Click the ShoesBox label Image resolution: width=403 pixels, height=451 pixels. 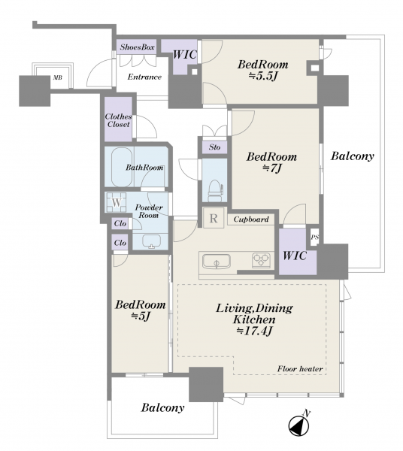[137, 47]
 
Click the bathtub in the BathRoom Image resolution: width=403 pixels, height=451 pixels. [122, 167]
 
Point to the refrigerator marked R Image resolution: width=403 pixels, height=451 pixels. [214, 218]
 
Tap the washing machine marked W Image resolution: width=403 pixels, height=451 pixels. [117, 202]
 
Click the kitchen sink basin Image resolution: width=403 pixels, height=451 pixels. [216, 262]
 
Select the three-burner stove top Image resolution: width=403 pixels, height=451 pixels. [261, 260]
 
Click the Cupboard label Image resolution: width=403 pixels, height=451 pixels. [251, 219]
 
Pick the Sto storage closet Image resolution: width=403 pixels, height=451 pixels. [214, 147]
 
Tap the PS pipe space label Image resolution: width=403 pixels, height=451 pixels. [315, 238]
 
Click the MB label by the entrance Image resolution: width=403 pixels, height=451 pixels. [57, 78]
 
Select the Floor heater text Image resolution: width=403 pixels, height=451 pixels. [300, 369]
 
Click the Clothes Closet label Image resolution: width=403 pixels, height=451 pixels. [118, 120]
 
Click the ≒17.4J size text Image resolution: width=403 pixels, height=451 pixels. [254, 331]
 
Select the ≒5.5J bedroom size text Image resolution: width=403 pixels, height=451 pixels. [262, 76]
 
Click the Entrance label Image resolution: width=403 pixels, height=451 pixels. [144, 77]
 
